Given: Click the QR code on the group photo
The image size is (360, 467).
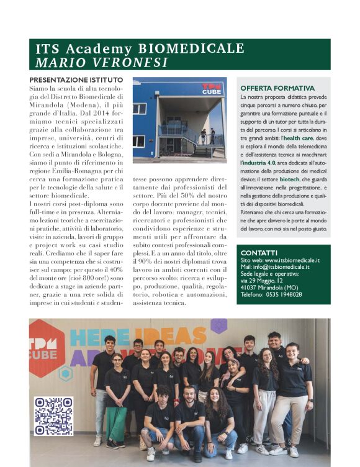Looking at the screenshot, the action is pos(53,416).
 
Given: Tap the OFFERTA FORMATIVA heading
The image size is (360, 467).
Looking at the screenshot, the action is pos(277,89).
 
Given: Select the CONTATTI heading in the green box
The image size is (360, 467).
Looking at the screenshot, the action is pos(259,253).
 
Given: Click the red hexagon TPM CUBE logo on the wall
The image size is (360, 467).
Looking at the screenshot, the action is pos(47,348).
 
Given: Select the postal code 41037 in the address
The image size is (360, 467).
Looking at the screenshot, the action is pos(248,288).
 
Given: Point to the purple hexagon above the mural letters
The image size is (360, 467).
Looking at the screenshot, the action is pos(218,325).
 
